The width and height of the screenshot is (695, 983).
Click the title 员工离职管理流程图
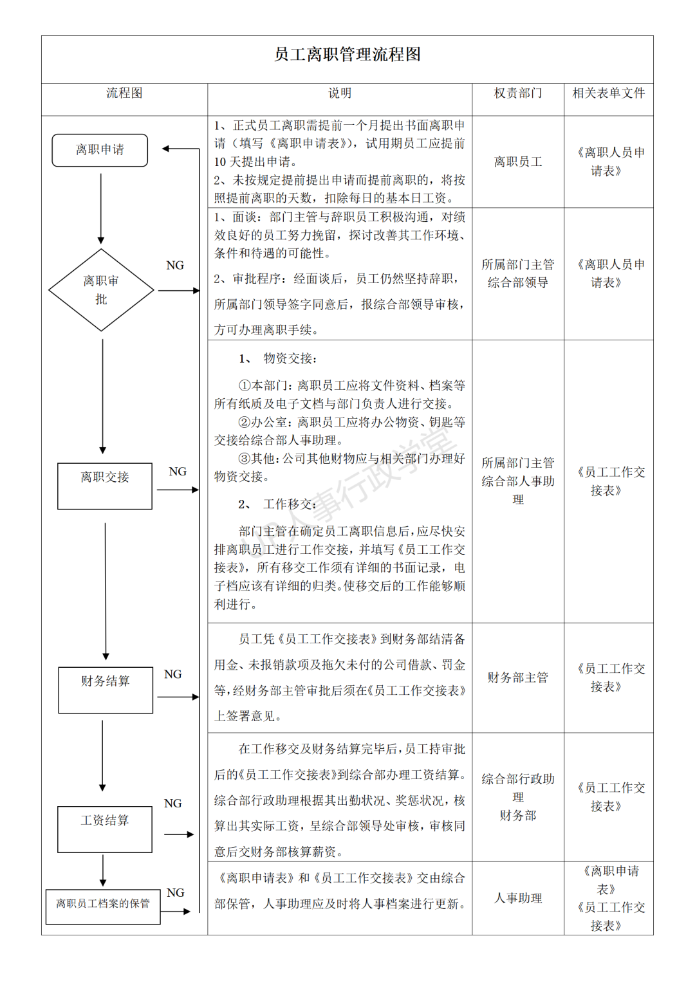(347, 55)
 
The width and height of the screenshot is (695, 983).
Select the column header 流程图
(124, 93)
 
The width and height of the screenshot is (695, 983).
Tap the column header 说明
(340, 93)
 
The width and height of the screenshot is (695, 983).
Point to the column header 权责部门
(518, 93)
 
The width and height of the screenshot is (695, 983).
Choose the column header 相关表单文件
(608, 93)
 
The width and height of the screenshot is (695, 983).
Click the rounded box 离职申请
(100, 150)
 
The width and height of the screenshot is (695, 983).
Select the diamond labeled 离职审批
(101, 290)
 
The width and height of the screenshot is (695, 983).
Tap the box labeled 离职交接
(105, 486)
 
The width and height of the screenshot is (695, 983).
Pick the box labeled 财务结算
(106, 690)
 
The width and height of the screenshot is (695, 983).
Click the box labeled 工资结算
(105, 829)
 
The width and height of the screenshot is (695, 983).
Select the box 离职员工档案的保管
(103, 906)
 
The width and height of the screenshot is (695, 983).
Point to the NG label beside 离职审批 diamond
(175, 266)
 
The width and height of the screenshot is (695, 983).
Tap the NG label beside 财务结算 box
(173, 674)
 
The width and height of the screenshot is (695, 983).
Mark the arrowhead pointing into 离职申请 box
(166, 149)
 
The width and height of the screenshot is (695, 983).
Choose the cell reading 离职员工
(518, 162)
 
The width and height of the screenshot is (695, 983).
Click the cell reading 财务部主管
(518, 677)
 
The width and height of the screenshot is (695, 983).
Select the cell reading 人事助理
(518, 898)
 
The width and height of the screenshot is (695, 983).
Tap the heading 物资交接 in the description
(289, 358)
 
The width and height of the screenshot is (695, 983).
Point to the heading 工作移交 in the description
(289, 504)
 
